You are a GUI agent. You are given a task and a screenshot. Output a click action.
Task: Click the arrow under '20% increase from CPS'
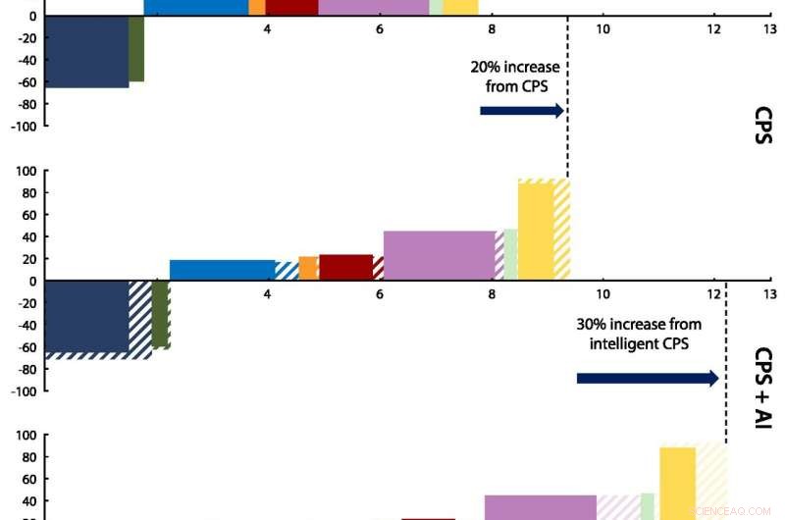pyautogui.click(x=522, y=111)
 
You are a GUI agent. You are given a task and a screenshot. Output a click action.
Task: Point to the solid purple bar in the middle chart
pyautogui.click(x=439, y=255)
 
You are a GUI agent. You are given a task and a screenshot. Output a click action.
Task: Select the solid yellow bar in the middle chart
pyautogui.click(x=536, y=232)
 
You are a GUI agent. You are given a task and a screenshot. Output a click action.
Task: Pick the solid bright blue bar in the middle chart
pyautogui.click(x=222, y=270)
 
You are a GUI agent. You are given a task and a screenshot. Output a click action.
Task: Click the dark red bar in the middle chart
pyautogui.click(x=345, y=267)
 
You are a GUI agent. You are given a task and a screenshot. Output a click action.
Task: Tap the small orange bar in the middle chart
pyautogui.click(x=307, y=268)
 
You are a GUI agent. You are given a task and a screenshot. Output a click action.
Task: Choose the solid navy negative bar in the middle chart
pyautogui.click(x=86, y=316)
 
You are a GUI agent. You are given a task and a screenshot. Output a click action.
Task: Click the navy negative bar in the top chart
pyautogui.click(x=86, y=51)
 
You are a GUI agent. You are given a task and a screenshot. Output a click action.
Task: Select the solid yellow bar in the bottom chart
pyautogui.click(x=677, y=481)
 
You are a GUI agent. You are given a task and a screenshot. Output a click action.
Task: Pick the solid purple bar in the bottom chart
pyautogui.click(x=540, y=506)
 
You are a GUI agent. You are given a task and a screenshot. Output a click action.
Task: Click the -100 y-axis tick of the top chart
pyautogui.click(x=24, y=127)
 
